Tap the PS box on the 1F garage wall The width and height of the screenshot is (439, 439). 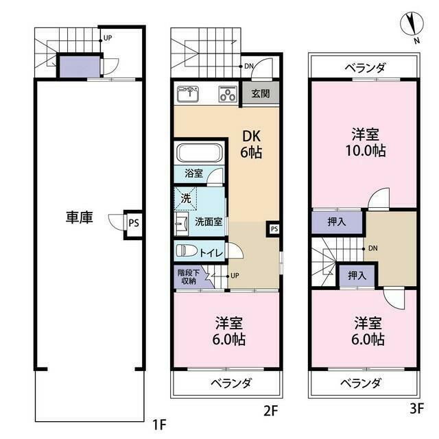[134, 222]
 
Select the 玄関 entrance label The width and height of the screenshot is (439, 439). [259, 94]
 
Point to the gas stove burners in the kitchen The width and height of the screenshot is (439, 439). [227, 95]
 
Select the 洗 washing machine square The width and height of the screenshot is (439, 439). [185, 199]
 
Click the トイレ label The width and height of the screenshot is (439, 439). [210, 252]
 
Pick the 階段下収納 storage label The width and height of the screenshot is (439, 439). [188, 276]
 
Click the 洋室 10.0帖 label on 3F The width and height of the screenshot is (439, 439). [364, 142]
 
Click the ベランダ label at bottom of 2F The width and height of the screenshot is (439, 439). [230, 382]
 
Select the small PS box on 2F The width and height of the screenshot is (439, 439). [274, 228]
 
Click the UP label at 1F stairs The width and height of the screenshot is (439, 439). [108, 38]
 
